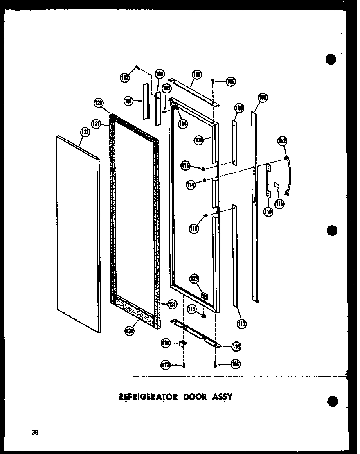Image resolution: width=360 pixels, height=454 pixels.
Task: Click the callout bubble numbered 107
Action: point(199,140)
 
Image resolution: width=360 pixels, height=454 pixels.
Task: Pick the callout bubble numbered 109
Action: point(239,108)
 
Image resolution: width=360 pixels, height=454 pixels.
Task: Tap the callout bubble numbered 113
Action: point(242,324)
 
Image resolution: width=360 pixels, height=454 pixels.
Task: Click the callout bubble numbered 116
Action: point(236,346)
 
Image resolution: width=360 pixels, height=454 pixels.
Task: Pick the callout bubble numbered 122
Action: point(84,132)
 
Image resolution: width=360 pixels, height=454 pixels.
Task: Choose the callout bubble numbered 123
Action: point(195,279)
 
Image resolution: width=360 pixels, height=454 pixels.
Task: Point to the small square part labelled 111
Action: point(277,186)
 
